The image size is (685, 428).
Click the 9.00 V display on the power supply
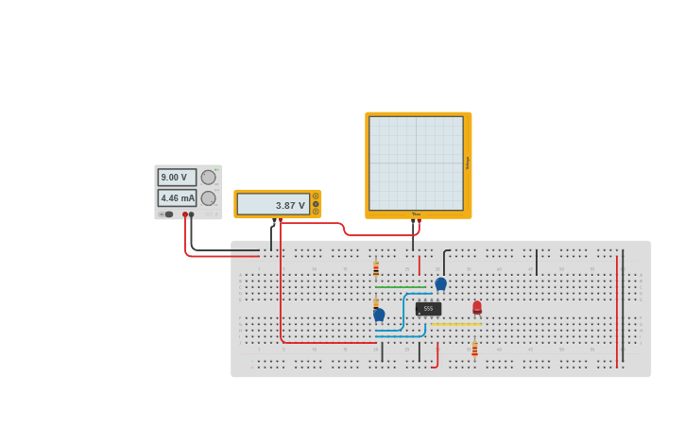[x=177, y=177]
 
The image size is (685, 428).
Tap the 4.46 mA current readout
[x=177, y=198]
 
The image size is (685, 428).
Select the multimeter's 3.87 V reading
[x=273, y=204]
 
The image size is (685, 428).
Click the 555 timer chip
[x=428, y=309]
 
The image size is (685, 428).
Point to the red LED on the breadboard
[x=477, y=307]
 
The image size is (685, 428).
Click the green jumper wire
[x=400, y=287]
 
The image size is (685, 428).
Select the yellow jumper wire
[x=456, y=324]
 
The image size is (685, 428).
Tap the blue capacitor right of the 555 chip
[x=440, y=282]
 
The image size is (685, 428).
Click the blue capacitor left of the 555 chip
[x=379, y=314]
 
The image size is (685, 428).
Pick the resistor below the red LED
[x=474, y=349]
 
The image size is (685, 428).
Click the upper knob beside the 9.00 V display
[x=208, y=177]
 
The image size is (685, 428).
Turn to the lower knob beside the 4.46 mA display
[x=208, y=198]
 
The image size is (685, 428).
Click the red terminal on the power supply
[x=185, y=214]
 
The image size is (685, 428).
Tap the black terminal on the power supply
[x=192, y=214]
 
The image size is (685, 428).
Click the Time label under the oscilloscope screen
[x=416, y=214]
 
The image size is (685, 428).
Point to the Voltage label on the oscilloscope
[x=468, y=163]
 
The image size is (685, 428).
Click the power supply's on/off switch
[x=167, y=214]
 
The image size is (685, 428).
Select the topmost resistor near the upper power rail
[x=376, y=268]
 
